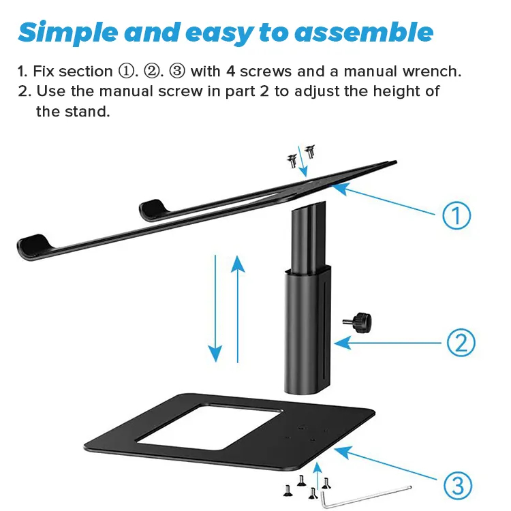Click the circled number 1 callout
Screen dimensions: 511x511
pyautogui.click(x=456, y=215)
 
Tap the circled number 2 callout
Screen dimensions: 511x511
pyautogui.click(x=461, y=343)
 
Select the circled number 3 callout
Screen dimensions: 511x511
pyautogui.click(x=458, y=486)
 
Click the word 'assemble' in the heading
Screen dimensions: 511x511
pyautogui.click(x=364, y=33)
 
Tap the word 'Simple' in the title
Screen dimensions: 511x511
pyautogui.click(x=68, y=33)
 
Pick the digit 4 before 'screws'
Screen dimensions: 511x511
pyautogui.click(x=230, y=72)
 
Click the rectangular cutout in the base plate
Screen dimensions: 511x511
pyautogui.click(x=208, y=427)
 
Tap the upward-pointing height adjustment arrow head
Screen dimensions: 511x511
pyautogui.click(x=238, y=263)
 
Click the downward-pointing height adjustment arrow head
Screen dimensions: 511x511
pyautogui.click(x=215, y=354)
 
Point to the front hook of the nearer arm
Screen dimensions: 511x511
pyautogui.click(x=33, y=246)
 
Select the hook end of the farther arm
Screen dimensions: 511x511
pyautogui.click(x=153, y=208)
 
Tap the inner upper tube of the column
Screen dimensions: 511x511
pyautogui.click(x=308, y=236)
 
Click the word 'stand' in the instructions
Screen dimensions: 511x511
pyautogui.click(x=87, y=112)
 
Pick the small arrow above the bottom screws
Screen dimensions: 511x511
pyautogui.click(x=318, y=476)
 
